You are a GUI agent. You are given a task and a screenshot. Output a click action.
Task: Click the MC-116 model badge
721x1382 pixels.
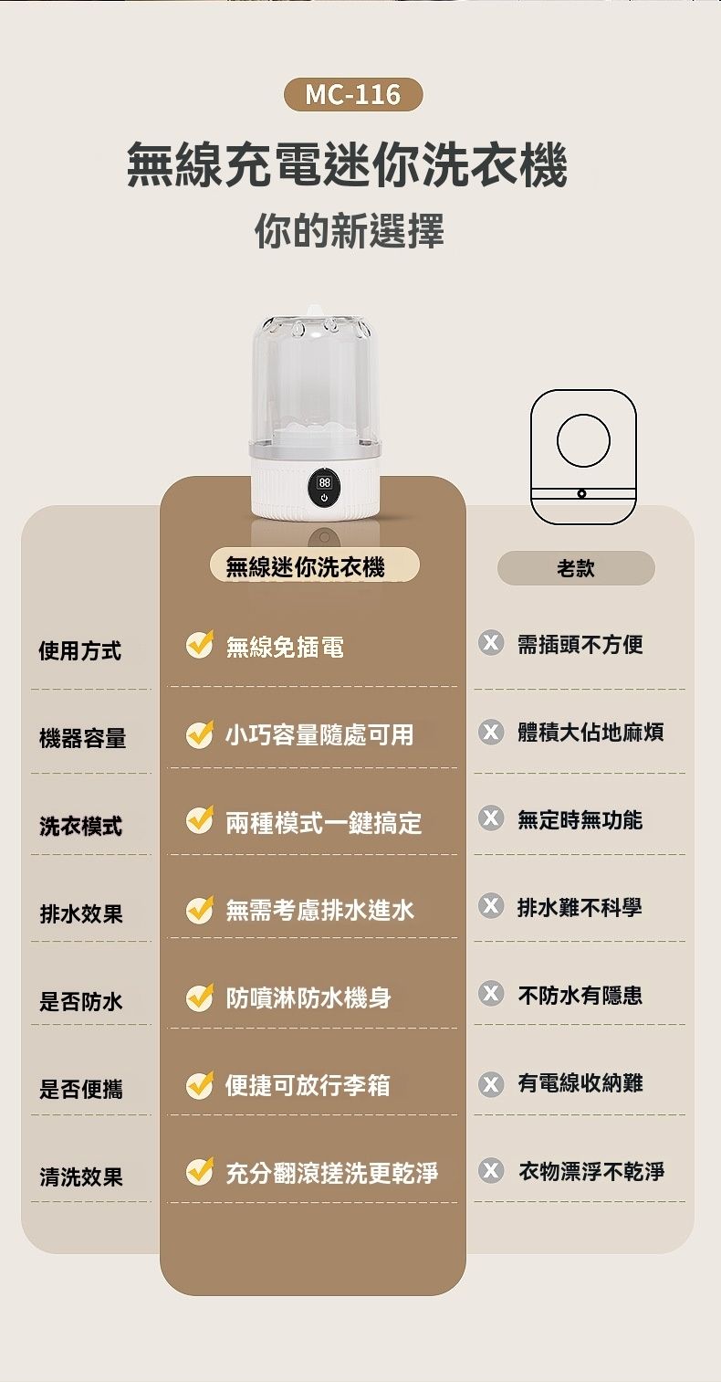[353, 94]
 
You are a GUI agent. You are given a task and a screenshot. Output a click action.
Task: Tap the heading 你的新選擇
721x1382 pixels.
[350, 231]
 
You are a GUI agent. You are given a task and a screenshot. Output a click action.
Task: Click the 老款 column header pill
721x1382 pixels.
[576, 567]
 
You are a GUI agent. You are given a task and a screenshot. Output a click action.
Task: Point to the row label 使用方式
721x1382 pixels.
[80, 650]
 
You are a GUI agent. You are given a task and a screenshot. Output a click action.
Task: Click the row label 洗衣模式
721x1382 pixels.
[80, 826]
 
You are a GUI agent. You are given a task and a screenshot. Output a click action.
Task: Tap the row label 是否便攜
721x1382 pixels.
[80, 1089]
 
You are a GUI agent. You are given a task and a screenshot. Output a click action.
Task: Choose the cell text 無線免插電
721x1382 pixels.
[285, 647]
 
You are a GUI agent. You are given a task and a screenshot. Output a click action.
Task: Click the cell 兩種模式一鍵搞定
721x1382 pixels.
[323, 822]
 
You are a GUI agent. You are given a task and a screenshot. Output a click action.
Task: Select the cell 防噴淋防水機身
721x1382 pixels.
[308, 997]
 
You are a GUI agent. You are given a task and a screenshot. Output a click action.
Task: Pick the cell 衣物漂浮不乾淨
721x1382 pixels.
[591, 1170]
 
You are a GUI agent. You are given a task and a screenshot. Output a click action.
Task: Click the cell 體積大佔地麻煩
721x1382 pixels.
[590, 733]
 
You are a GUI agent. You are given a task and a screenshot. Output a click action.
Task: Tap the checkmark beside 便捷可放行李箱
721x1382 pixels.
[200, 1084]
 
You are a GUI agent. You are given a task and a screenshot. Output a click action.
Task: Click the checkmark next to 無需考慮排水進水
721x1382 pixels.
[200, 910]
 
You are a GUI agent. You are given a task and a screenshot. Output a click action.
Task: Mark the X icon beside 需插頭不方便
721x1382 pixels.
[491, 643]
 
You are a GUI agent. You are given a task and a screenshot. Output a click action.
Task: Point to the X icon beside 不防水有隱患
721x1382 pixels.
[491, 994]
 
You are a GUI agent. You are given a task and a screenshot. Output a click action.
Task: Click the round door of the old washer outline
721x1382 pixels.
[583, 440]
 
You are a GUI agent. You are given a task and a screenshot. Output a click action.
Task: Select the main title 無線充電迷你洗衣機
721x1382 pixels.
[346, 164]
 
